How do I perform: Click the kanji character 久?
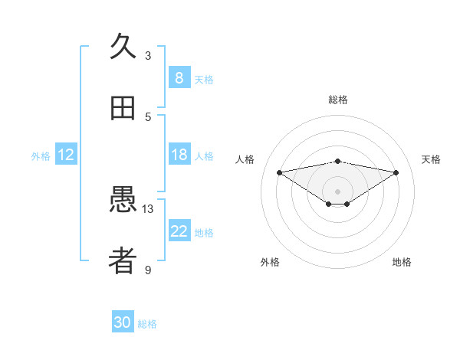123,47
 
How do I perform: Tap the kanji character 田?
123,108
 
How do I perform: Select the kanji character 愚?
123,201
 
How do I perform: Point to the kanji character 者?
123,261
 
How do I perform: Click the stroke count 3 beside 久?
148,55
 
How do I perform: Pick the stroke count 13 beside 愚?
148,208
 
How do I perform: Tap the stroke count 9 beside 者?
148,270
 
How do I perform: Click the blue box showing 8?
179,77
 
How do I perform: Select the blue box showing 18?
179,155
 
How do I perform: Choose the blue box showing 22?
179,231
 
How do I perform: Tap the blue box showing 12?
66,155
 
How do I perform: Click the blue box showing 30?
123,322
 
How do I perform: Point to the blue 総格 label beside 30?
147,324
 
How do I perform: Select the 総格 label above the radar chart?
338,100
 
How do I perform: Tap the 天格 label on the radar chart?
432,159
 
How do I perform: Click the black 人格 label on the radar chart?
245,159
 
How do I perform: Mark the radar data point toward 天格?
396,172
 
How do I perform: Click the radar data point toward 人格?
280,172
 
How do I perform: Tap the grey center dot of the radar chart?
338,191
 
